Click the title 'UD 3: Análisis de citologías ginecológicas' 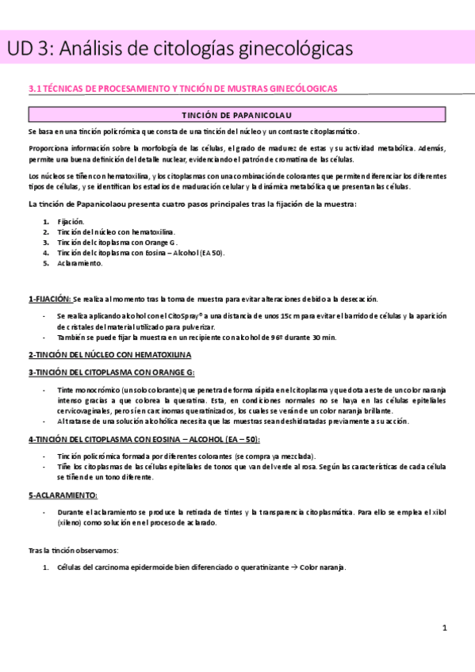(179, 49)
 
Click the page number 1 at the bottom (445, 628)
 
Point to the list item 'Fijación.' (71, 221)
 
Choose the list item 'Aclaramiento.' (80, 262)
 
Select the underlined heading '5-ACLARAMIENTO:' (63, 494)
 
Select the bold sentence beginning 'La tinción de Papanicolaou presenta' (192, 204)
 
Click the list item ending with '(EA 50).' (140, 252)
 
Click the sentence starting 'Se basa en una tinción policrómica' (193, 132)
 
